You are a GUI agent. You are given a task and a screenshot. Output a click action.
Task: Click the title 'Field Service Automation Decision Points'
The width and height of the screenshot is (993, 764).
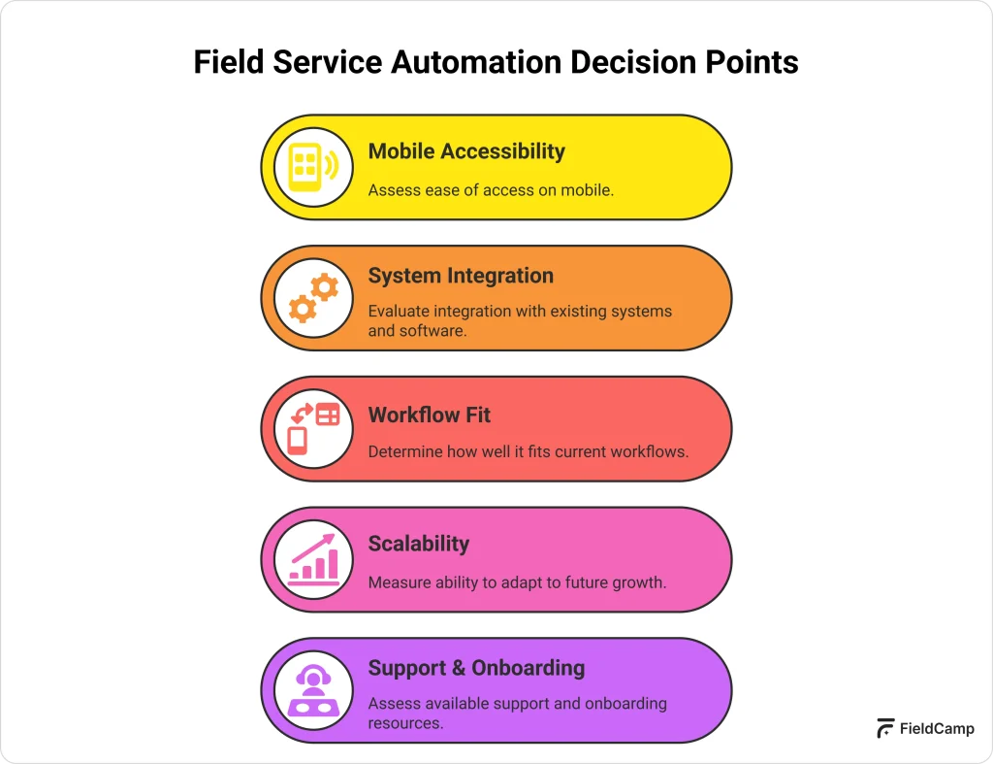click(496, 62)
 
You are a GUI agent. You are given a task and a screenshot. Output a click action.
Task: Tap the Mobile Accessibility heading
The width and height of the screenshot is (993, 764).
click(465, 151)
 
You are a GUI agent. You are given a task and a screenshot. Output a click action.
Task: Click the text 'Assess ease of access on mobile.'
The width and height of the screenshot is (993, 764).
click(491, 190)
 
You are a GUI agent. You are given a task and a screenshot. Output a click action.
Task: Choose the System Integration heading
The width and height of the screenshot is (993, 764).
click(461, 276)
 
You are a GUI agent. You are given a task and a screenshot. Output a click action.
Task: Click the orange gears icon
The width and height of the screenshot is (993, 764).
click(313, 298)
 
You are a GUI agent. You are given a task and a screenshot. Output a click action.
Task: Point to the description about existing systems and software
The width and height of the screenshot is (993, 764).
click(520, 320)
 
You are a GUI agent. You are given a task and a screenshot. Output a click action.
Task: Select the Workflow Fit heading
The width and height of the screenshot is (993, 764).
click(429, 415)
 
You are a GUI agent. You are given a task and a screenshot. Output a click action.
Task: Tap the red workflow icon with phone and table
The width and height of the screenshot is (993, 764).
click(313, 429)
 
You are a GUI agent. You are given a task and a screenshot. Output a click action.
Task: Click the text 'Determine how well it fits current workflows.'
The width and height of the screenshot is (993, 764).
click(528, 451)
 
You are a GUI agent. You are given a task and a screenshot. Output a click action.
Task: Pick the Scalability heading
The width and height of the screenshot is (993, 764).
click(418, 544)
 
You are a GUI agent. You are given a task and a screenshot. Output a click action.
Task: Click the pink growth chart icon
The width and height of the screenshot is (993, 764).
click(313, 559)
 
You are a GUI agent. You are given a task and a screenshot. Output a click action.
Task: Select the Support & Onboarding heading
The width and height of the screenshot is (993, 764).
click(476, 668)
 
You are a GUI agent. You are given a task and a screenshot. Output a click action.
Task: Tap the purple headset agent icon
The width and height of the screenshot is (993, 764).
click(313, 690)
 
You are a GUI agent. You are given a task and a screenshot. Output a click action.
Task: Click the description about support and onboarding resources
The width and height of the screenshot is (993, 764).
click(517, 713)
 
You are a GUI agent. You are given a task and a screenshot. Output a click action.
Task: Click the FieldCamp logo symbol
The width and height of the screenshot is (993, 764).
click(884, 729)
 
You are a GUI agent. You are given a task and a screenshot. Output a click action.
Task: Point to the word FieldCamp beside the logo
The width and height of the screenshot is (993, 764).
click(937, 729)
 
